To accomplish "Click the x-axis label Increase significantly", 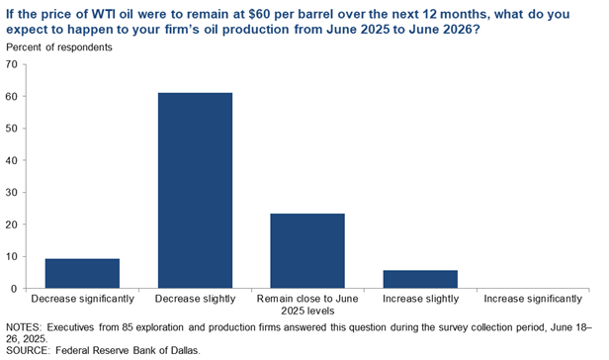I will pyautogui.click(x=532, y=298).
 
